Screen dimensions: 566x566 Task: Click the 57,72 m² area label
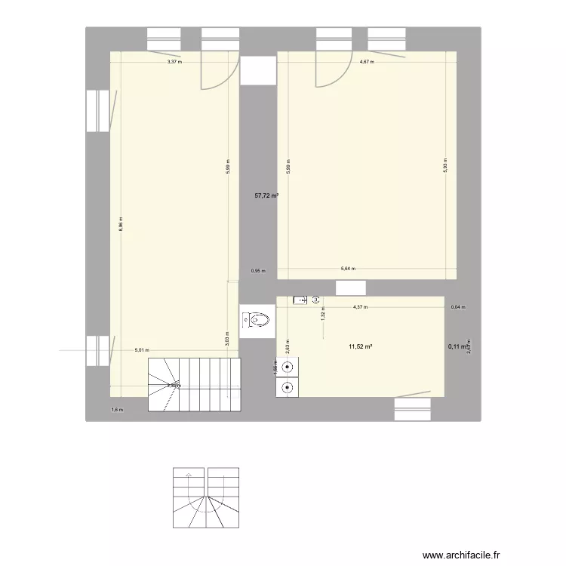tap(266, 195)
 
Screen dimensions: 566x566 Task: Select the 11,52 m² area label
tap(361, 347)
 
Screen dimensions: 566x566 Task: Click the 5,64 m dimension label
tap(348, 269)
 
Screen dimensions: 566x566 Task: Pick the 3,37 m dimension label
tap(174, 62)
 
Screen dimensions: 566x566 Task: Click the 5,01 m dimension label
tap(141, 350)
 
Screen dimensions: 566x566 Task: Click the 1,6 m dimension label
tap(116, 410)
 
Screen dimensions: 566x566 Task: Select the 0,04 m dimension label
tap(458, 307)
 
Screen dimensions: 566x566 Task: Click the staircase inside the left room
tap(193, 385)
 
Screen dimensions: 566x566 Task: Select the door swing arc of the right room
tap(328, 72)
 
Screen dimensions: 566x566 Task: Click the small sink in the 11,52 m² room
tap(300, 300)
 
